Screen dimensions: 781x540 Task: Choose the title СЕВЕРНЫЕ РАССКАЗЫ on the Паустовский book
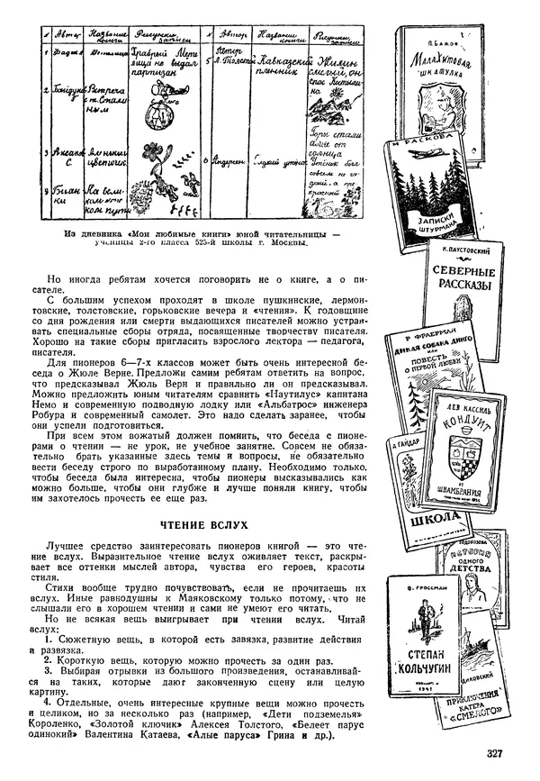pyautogui.click(x=463, y=277)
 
